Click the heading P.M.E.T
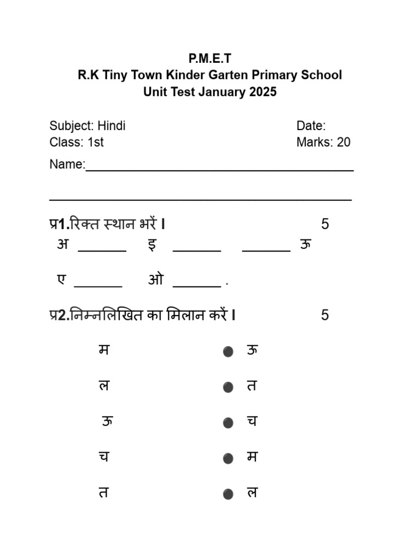[x=210, y=59]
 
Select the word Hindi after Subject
[x=112, y=126]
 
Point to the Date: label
[x=311, y=126]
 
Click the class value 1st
[x=96, y=142]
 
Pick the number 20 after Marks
[x=343, y=142]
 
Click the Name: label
[x=67, y=164]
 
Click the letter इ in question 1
[x=152, y=244]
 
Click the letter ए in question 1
[x=61, y=279]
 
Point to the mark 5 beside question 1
[x=325, y=224]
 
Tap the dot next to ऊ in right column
[x=228, y=352]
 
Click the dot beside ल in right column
[x=228, y=494]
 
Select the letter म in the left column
[x=103, y=349]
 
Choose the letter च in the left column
[x=103, y=457]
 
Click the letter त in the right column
[x=252, y=386]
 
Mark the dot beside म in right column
[x=228, y=458]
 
